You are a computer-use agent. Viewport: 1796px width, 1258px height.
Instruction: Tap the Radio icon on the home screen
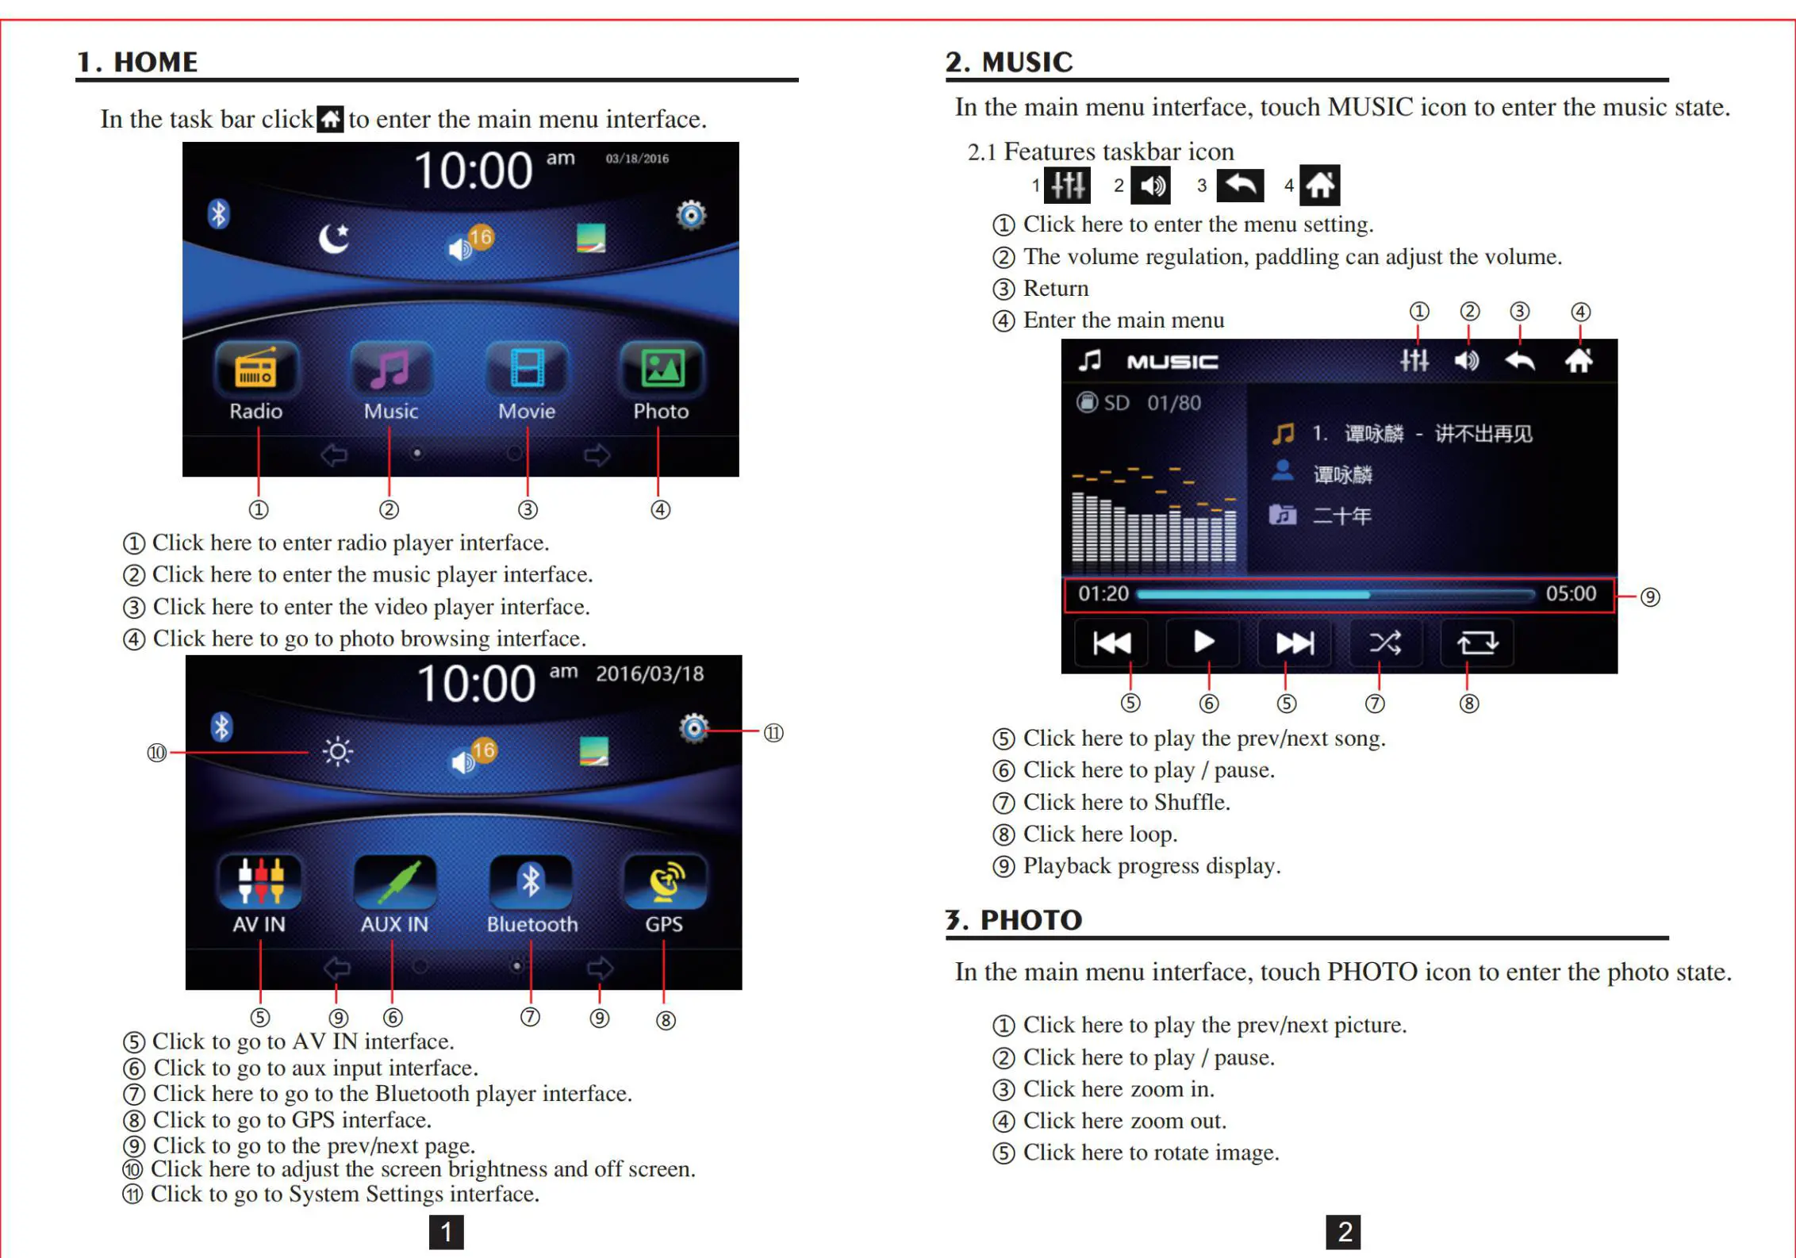point(255,369)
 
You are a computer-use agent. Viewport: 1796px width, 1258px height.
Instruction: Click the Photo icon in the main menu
point(662,369)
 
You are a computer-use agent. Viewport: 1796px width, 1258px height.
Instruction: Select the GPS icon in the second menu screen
point(665,882)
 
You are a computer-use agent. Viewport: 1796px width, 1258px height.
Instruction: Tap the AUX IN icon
point(394,882)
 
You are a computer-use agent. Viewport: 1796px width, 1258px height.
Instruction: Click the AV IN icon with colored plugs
point(259,882)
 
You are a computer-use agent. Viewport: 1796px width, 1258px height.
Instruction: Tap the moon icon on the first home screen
point(334,238)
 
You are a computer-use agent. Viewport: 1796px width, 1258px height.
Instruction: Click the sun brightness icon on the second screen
point(338,750)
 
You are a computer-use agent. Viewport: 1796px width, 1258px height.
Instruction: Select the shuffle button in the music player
point(1385,642)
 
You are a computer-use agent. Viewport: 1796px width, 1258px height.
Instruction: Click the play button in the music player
point(1203,642)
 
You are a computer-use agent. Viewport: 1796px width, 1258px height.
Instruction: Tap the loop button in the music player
point(1477,642)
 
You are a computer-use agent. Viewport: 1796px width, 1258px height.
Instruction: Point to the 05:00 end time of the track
point(1570,594)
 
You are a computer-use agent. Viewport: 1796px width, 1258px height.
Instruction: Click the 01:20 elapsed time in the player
point(1103,594)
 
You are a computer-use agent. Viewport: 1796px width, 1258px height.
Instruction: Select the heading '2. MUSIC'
point(1008,62)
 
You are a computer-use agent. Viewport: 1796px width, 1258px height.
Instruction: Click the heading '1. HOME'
point(137,62)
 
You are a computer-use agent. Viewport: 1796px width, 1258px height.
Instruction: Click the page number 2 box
point(1344,1232)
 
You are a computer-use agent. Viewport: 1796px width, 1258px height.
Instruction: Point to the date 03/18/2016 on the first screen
point(637,159)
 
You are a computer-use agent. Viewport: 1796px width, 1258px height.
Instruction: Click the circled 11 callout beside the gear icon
point(773,733)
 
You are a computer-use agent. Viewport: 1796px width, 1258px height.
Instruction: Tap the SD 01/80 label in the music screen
point(1139,403)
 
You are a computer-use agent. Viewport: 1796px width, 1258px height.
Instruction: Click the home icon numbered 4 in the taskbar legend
point(1320,186)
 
